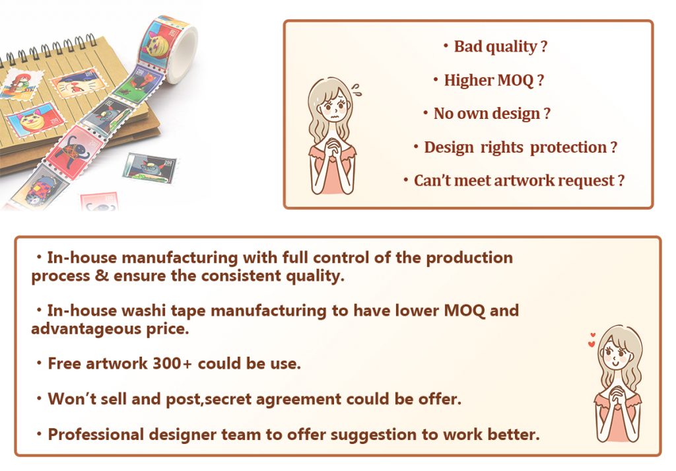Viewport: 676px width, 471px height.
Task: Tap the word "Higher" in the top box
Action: click(469, 81)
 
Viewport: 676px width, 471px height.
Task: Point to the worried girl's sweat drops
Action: click(356, 89)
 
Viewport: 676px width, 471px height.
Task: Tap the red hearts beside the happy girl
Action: click(591, 340)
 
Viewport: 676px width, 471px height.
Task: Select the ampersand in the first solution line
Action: click(102, 275)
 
